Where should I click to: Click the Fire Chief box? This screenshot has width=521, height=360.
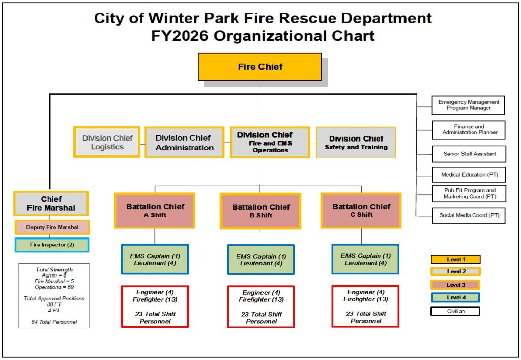[259, 67]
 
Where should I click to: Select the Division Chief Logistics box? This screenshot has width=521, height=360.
[107, 142]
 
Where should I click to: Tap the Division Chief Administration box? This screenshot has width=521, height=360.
[184, 143]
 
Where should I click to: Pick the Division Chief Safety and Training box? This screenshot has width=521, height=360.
[356, 142]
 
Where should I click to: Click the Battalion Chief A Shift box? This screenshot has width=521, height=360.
[155, 210]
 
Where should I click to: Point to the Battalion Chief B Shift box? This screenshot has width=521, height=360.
[260, 211]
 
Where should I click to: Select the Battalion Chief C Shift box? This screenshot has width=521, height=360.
[361, 210]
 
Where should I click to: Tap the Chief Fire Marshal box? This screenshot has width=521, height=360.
[51, 203]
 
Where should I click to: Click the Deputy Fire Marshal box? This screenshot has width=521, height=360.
[51, 227]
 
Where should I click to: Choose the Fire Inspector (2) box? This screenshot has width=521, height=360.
[52, 245]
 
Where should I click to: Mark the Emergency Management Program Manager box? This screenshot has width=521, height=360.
[469, 105]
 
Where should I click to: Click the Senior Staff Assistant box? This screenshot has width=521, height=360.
[469, 153]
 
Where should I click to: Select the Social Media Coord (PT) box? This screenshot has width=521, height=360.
[469, 215]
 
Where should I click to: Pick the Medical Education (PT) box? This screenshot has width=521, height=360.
[469, 175]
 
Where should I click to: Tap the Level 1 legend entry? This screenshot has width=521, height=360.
[455, 260]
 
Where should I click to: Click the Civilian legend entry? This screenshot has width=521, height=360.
[455, 311]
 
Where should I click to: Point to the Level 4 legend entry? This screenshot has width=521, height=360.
[455, 297]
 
